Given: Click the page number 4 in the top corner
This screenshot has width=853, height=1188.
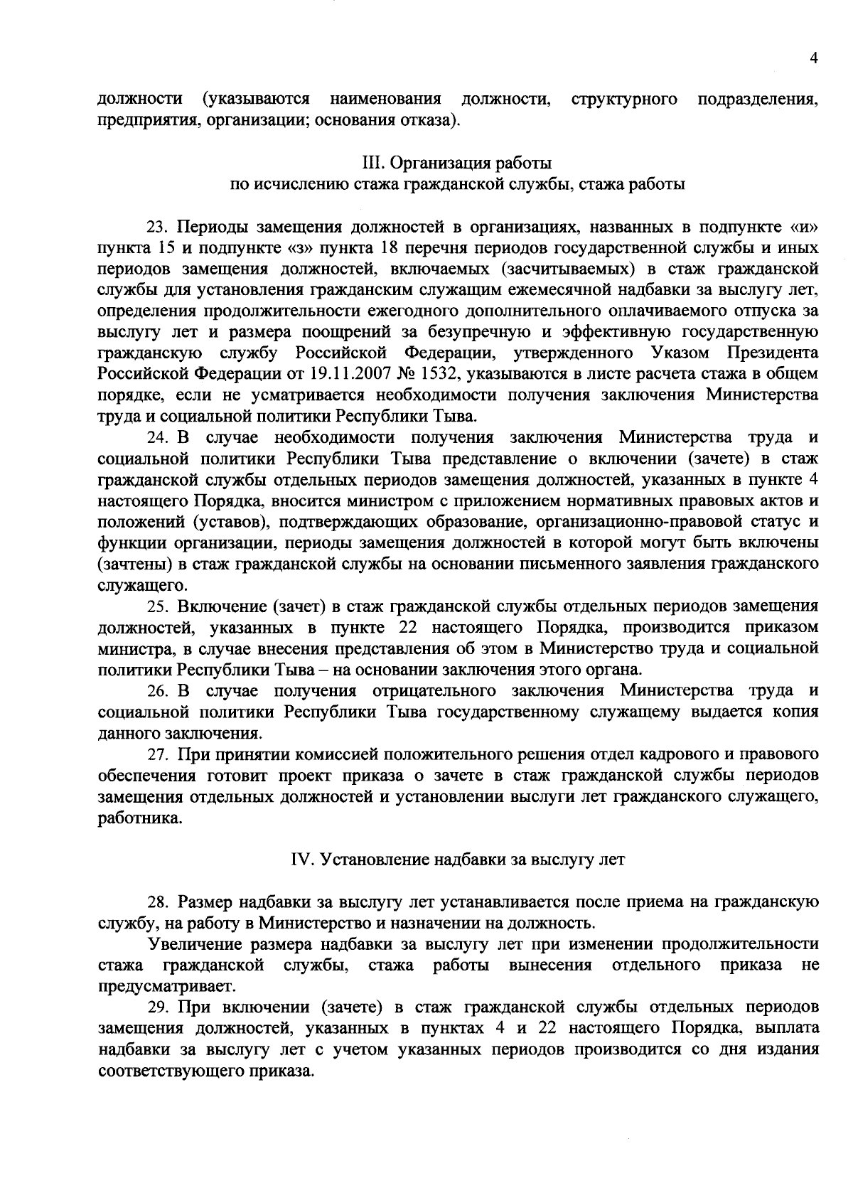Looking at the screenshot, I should click(814, 60).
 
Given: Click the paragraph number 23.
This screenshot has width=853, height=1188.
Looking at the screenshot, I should click(157, 228).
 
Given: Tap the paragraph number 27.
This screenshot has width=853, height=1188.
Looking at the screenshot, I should click(157, 754).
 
